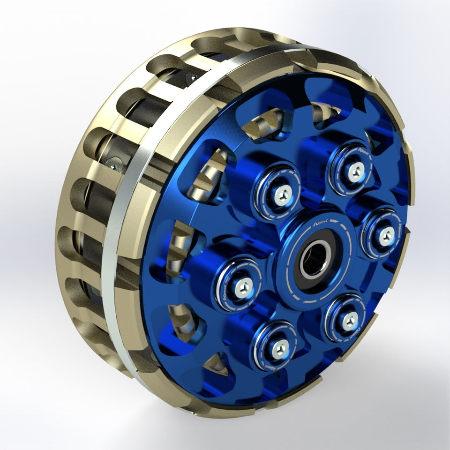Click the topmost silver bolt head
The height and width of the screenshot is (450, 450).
pos(355,172)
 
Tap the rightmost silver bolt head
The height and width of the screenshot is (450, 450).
pos(386,236)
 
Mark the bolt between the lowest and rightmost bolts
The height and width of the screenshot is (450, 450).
pos(349,321)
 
